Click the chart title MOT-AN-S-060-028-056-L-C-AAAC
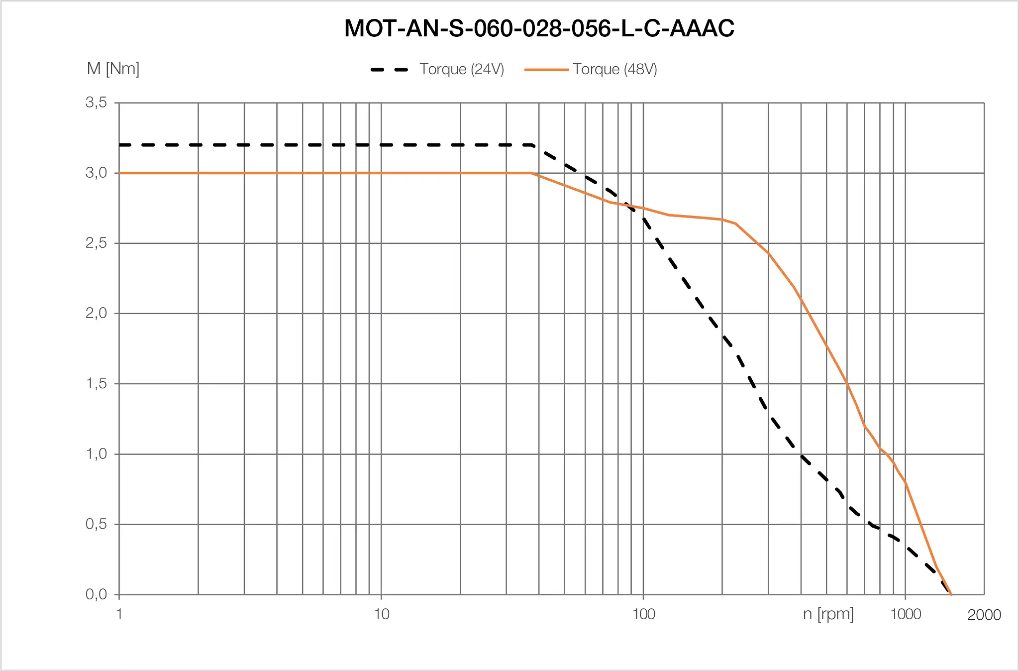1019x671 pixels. (539, 28)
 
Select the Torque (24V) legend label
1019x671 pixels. (462, 69)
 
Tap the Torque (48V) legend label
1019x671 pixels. (614, 69)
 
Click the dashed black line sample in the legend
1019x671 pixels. (389, 70)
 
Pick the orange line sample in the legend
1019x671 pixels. (546, 70)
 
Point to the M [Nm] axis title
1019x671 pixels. (113, 69)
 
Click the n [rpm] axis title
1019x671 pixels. (828, 614)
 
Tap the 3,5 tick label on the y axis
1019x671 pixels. (96, 103)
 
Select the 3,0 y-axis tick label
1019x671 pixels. (96, 173)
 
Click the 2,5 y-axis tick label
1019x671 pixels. (96, 243)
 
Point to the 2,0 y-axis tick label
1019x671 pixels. (96, 313)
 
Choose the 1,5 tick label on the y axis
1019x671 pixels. (96, 383)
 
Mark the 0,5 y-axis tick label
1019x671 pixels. (96, 524)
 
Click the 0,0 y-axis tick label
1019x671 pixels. (96, 594)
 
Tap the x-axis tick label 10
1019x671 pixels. (381, 614)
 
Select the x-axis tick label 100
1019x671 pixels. (643, 614)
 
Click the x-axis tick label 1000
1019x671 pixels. (905, 614)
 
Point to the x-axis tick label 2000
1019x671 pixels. (984, 615)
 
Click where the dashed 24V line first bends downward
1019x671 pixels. (533, 145)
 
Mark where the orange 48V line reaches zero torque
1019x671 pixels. (951, 594)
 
